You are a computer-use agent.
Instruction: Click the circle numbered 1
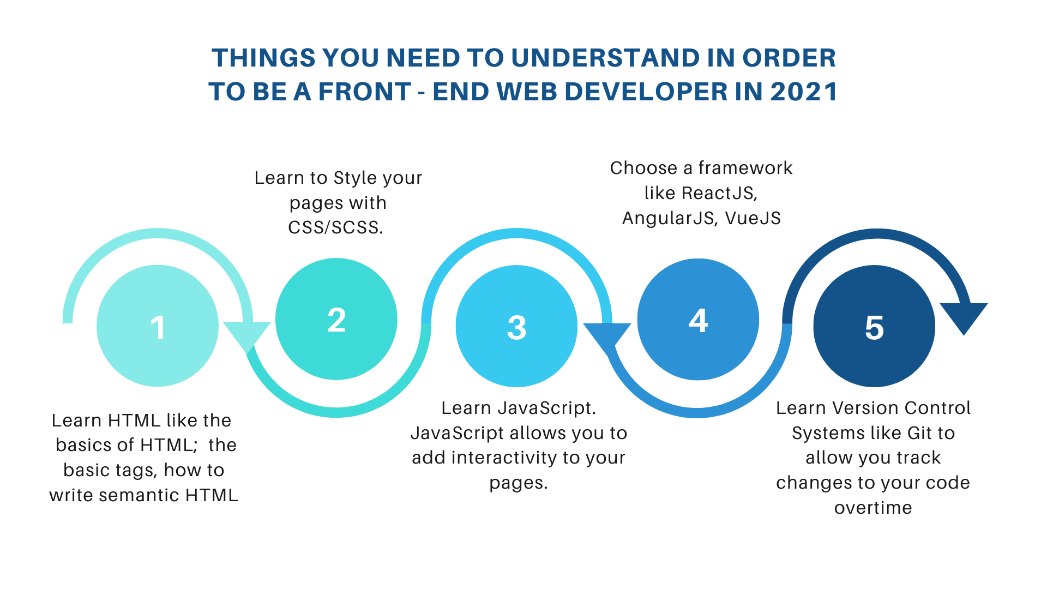(158, 326)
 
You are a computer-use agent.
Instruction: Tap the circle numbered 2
(336, 319)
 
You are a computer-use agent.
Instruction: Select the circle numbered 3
(516, 326)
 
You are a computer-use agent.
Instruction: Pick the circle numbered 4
(698, 319)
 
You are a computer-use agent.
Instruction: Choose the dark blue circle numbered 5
(874, 326)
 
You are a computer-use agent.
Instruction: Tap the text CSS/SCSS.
(336, 227)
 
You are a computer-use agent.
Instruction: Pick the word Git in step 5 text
(920, 433)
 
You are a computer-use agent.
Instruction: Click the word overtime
(873, 508)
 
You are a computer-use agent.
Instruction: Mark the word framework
(745, 168)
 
